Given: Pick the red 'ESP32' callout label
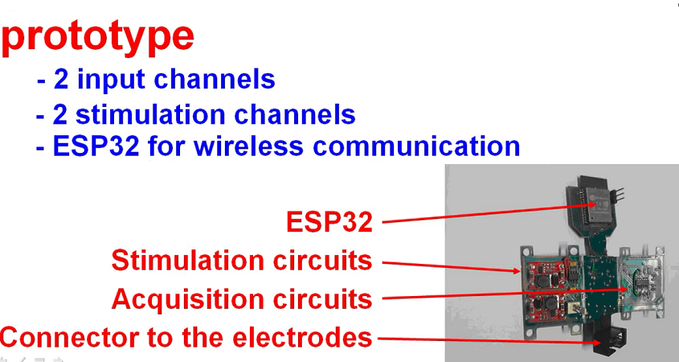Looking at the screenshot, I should [x=329, y=221].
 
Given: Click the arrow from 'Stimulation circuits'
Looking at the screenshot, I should [x=450, y=265].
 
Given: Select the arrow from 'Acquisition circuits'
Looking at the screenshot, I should [x=498, y=294].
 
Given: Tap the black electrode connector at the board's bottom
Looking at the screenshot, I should [x=612, y=346].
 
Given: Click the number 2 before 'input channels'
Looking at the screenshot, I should [x=60, y=80].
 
